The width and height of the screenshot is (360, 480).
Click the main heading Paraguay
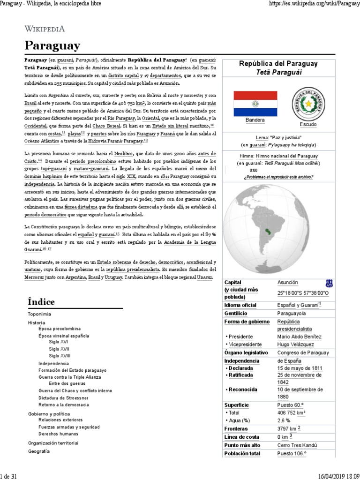click(x=52, y=46)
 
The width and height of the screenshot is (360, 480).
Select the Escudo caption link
click(x=307, y=125)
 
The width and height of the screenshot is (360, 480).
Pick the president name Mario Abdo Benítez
click(x=299, y=337)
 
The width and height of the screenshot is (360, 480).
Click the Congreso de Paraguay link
click(x=303, y=352)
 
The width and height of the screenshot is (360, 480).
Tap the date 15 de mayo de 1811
click(x=299, y=368)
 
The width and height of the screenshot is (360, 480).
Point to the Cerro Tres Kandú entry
click(x=297, y=445)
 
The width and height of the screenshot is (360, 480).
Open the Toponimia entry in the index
click(x=39, y=314)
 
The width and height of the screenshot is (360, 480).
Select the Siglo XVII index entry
click(x=59, y=349)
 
